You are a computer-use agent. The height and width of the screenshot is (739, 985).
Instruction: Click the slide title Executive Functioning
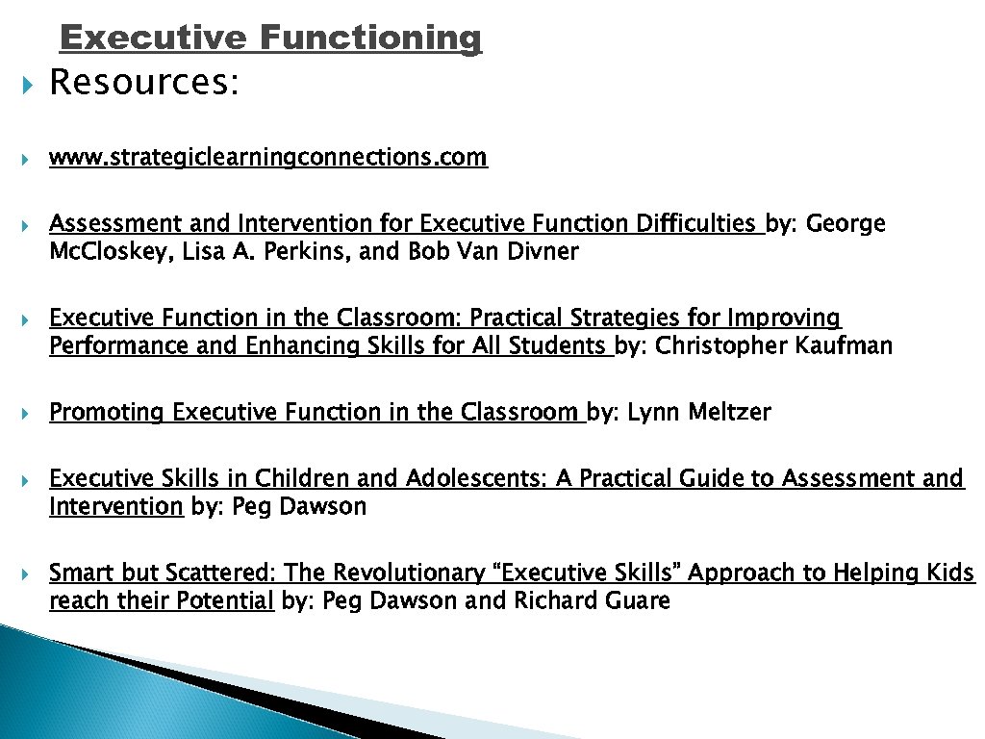coord(270,38)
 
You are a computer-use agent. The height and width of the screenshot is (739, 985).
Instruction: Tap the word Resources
coord(142,84)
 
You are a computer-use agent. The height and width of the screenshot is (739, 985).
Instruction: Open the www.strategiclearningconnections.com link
coord(268,157)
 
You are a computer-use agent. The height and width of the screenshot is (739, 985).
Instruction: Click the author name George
coord(846,224)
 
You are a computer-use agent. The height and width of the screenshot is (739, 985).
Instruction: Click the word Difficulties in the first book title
coord(695,224)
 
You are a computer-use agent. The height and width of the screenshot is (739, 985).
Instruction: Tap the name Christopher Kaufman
coord(773,346)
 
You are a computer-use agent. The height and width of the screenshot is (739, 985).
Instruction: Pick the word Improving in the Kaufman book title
coord(784,319)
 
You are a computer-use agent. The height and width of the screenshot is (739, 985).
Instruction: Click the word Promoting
coord(107,413)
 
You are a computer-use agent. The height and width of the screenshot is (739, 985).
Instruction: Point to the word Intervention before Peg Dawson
coord(115,506)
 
